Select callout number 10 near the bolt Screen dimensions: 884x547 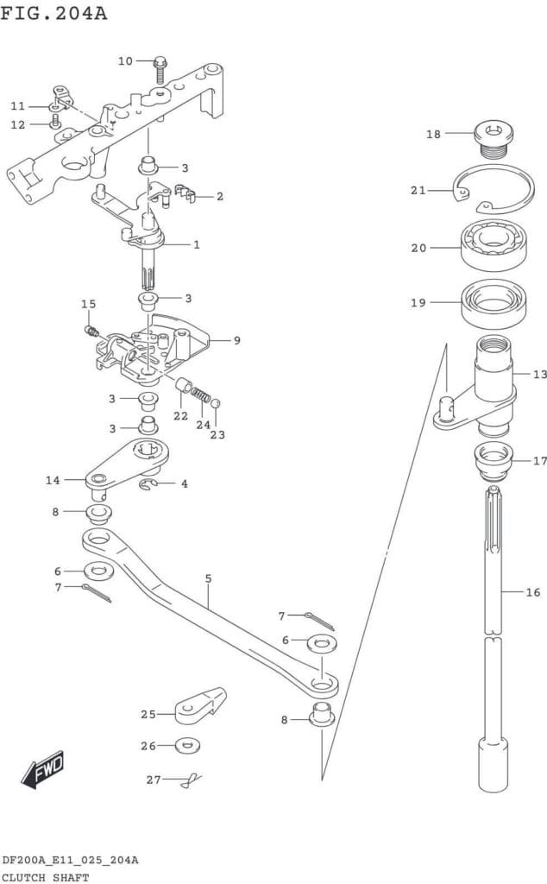click(126, 60)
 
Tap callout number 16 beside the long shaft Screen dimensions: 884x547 click(533, 592)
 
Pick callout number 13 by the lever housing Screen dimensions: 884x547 click(539, 374)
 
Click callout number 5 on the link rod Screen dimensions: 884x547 click(208, 578)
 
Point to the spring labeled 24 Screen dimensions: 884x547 click(200, 395)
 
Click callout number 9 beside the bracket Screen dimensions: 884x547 click(236, 339)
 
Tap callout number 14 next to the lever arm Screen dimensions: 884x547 click(53, 479)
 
